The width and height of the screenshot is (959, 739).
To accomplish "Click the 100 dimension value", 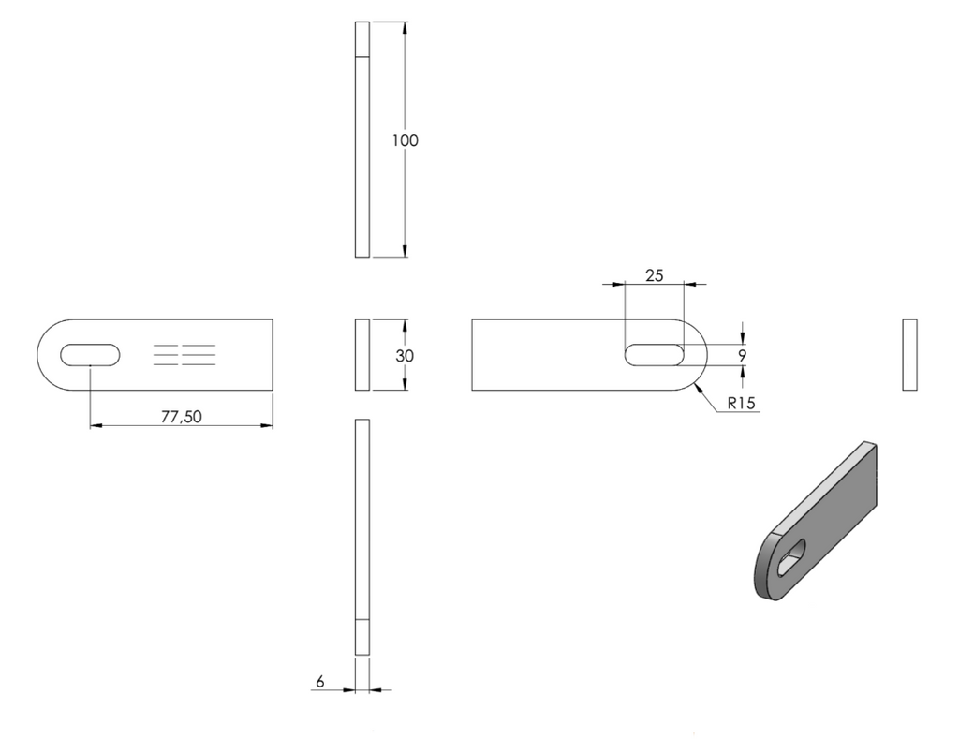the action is (405, 140).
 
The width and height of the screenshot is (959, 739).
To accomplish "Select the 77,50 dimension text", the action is (181, 417).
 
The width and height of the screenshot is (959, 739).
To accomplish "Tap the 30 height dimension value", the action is (405, 355).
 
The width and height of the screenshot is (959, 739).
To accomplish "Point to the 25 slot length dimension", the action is (654, 275).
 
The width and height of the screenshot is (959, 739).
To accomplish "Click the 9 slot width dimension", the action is (743, 355).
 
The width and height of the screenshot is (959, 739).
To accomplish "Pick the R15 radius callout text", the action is (742, 403).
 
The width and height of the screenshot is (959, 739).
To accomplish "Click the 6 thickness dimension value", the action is (320, 681).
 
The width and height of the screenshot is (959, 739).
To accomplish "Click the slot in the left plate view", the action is (90, 355).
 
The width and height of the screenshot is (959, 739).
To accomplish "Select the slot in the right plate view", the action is (654, 355).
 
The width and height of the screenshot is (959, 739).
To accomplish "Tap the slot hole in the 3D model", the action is (790, 557).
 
